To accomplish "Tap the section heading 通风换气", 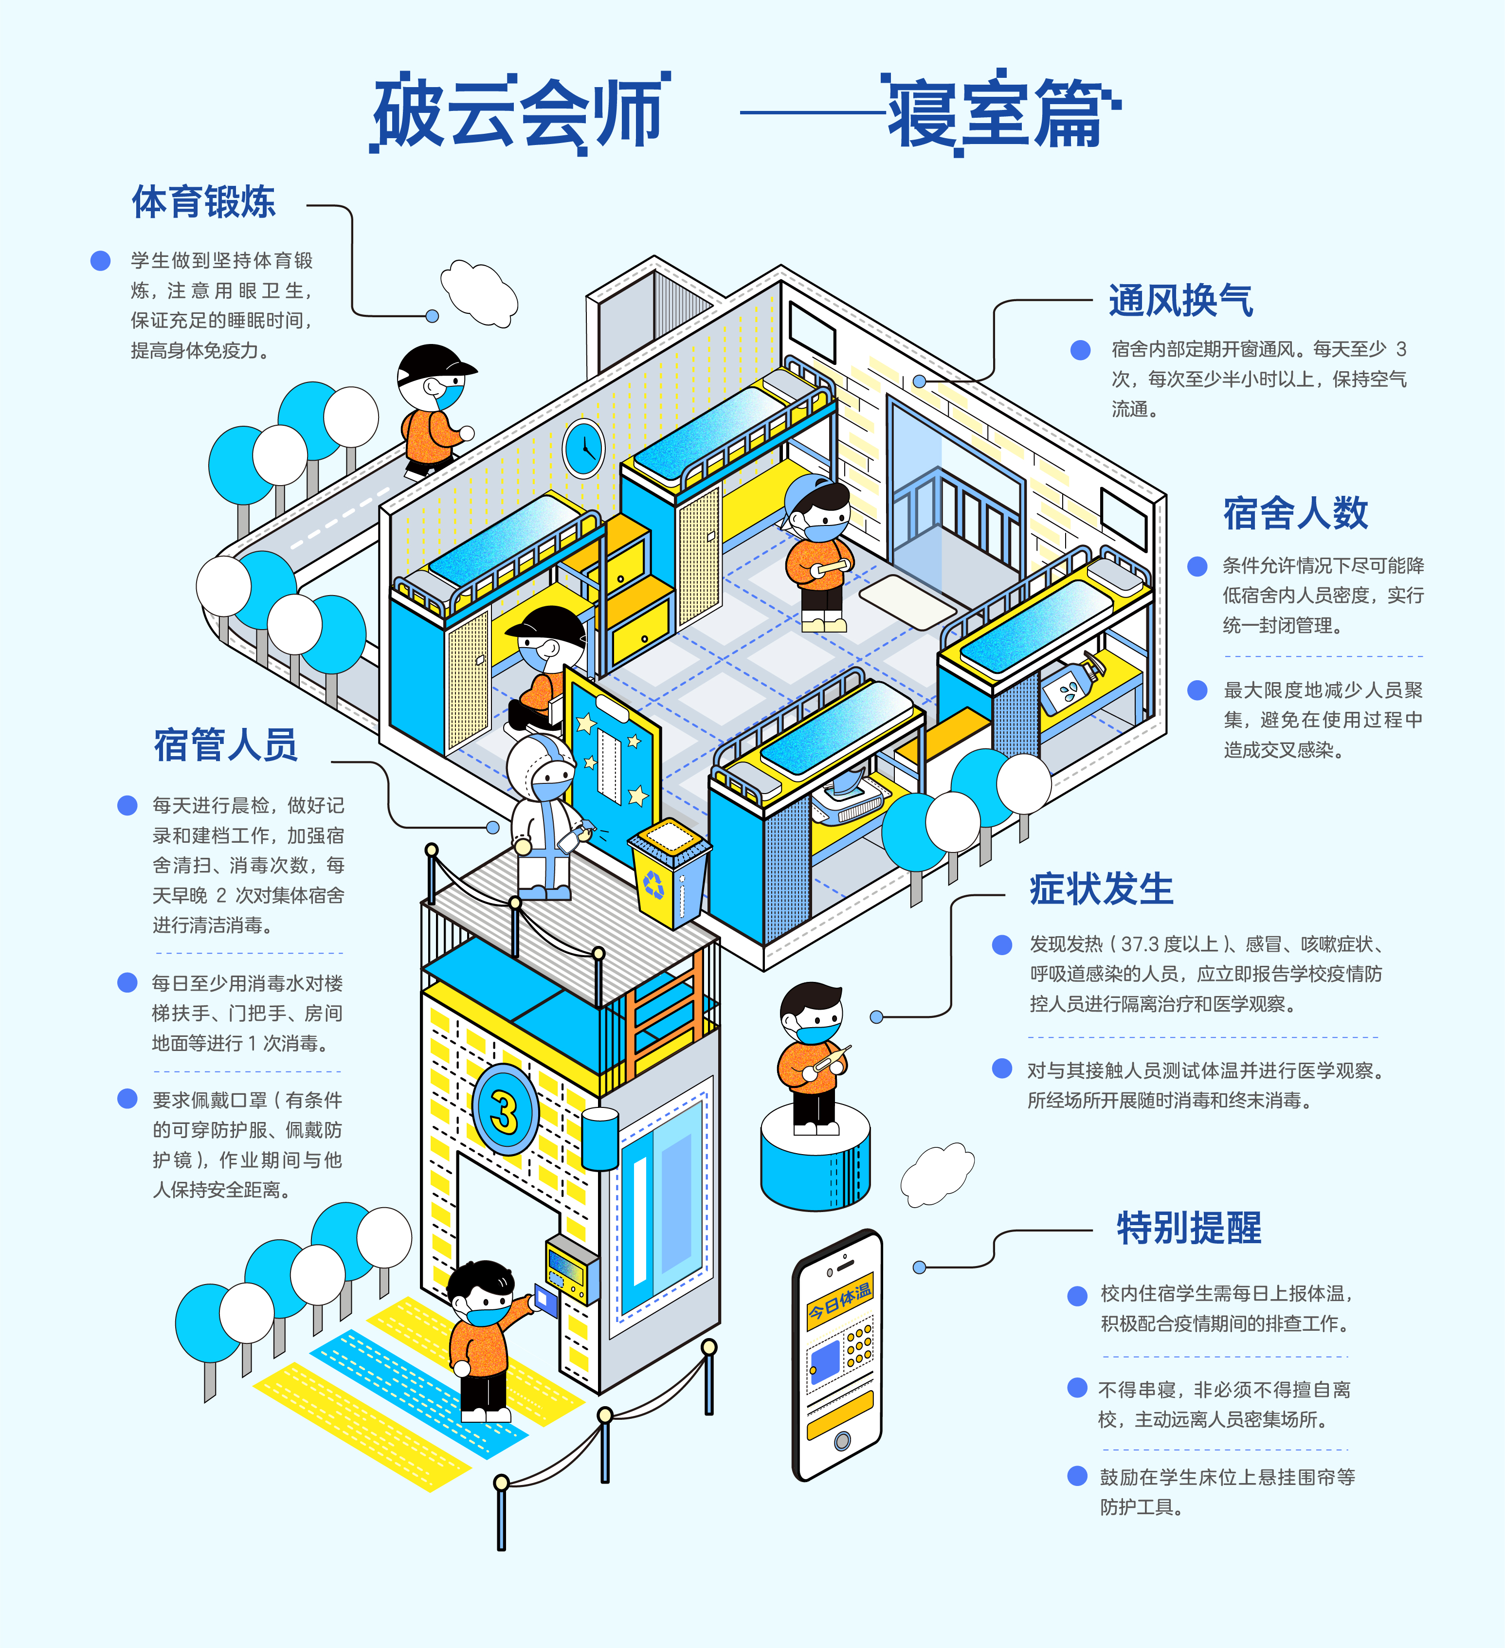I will pos(1180,301).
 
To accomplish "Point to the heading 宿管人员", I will pos(226,745).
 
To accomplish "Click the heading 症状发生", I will pos(1101,889).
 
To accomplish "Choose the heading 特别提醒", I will pos(1189,1229).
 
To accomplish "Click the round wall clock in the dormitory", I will pos(584,448).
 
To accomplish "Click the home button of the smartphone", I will pos(841,1440).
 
